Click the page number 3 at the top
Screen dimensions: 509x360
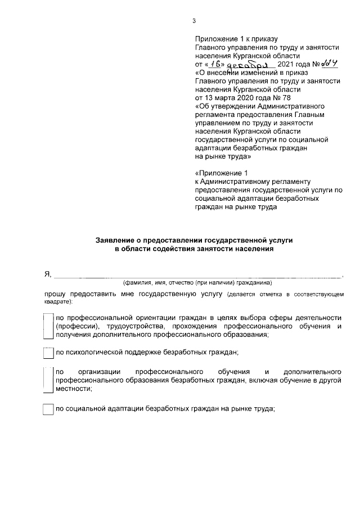click(x=194, y=21)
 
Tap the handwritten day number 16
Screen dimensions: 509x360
click(x=214, y=64)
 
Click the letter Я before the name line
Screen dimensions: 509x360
click(x=48, y=274)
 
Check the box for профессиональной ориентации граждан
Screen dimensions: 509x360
click(x=48, y=326)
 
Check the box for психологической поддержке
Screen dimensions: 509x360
click(x=48, y=353)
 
